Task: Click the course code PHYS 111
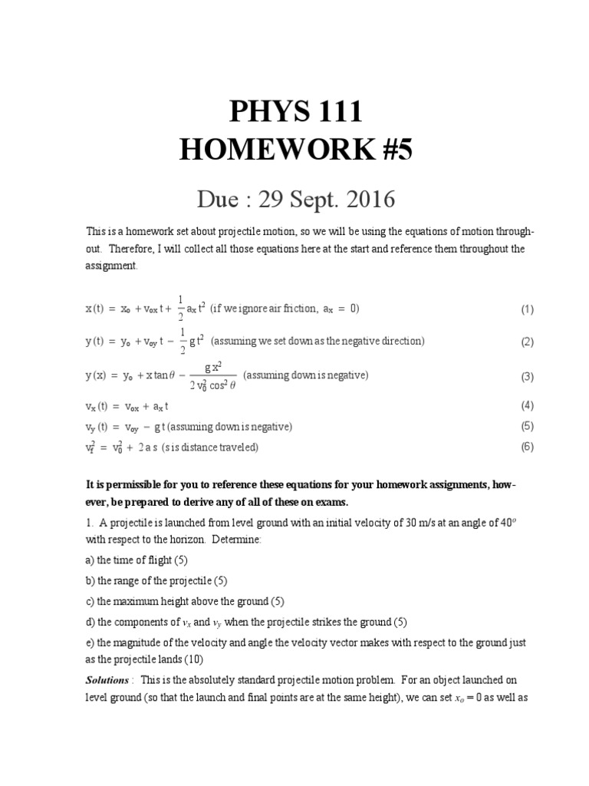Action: [295, 114]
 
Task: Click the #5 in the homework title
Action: [392, 150]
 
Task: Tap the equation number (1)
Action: [527, 310]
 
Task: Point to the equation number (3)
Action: [527, 377]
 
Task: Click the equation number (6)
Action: [527, 447]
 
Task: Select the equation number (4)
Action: [527, 405]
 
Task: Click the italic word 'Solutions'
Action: [107, 680]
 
